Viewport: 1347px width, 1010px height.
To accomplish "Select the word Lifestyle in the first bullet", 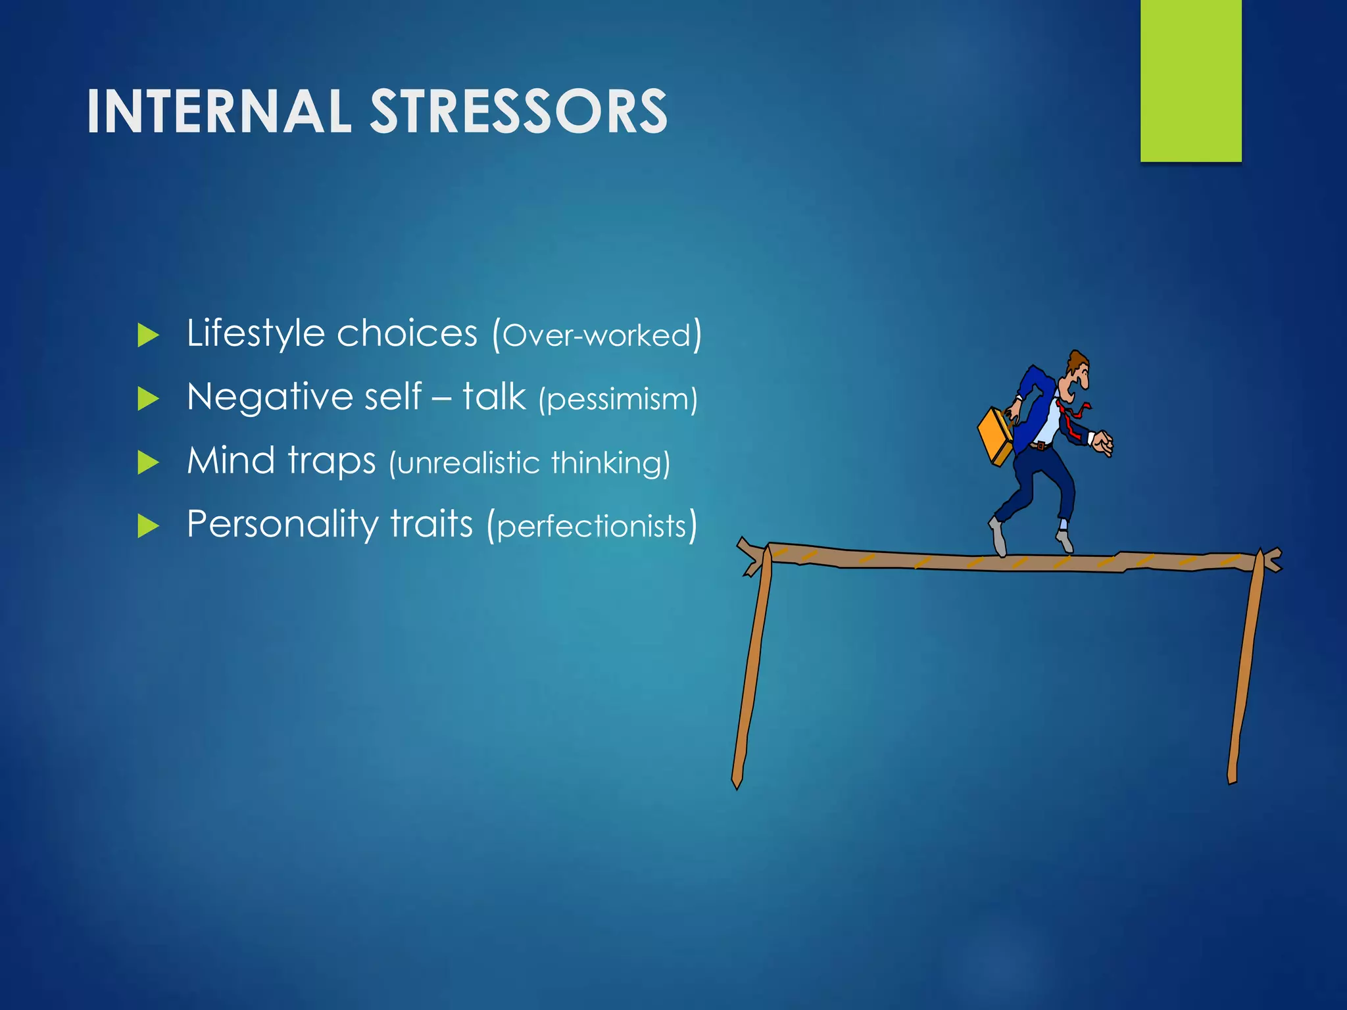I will (x=256, y=333).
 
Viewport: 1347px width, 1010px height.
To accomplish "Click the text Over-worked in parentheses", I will (x=597, y=335).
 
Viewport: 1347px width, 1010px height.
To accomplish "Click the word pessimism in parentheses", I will (x=618, y=399).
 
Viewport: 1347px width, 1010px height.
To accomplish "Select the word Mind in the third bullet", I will (x=230, y=460).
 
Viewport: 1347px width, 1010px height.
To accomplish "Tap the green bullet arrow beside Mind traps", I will (x=148, y=462).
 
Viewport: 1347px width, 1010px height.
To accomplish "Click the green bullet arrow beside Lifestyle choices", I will (x=148, y=335).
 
